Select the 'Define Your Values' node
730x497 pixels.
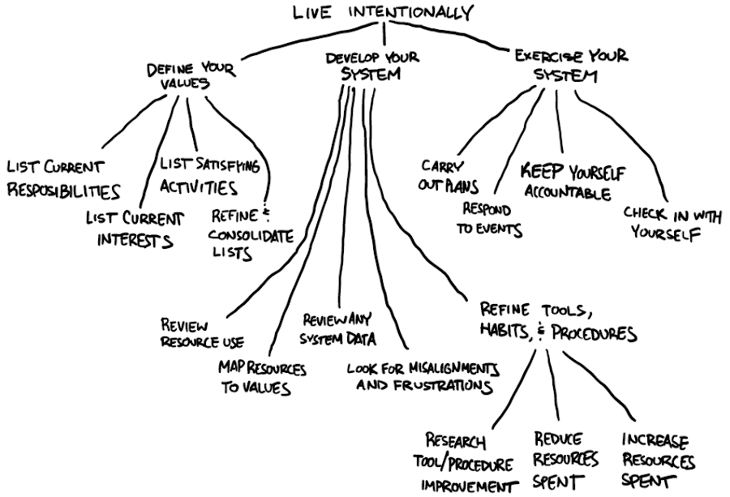pos(191,76)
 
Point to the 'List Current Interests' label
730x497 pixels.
pos(134,229)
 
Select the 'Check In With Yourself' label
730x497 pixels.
pos(661,224)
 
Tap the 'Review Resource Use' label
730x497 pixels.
pos(202,331)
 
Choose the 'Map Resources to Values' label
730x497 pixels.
pos(261,377)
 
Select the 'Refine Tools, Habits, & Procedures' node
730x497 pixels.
pos(557,322)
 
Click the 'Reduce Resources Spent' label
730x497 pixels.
pos(565,460)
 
